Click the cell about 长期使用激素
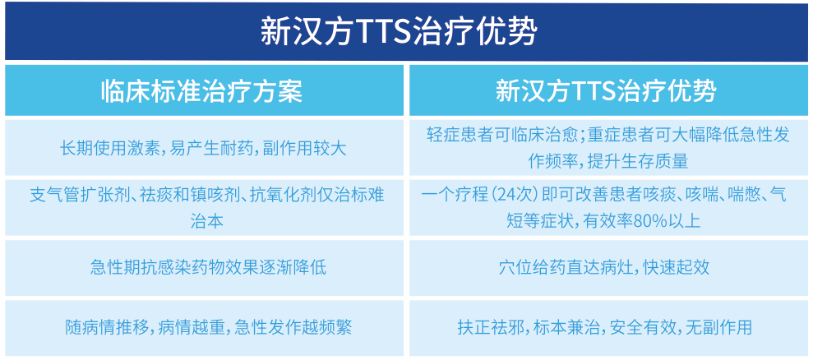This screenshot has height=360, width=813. pos(203,148)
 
